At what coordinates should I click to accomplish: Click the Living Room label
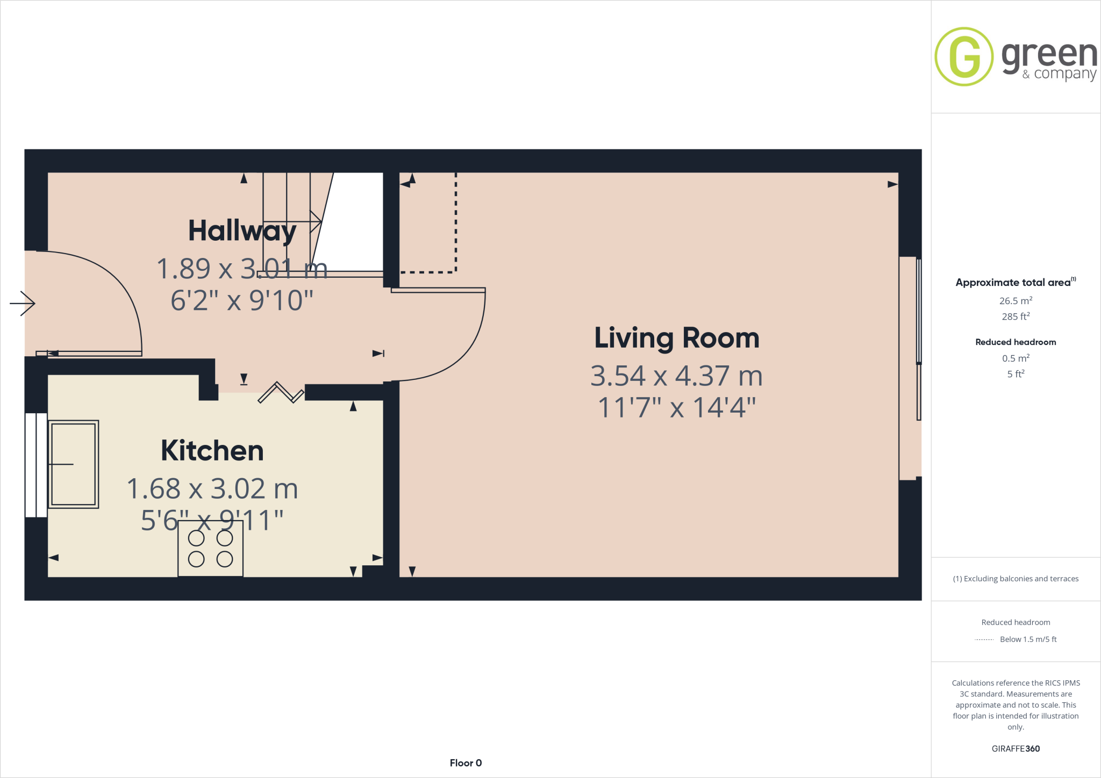coord(676,338)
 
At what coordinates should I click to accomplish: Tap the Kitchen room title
coord(212,451)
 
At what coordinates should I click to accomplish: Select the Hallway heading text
coord(242,230)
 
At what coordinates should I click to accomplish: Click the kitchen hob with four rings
coord(210,549)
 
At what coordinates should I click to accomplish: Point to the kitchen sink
coord(74,464)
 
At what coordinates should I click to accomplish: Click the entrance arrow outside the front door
coord(23,304)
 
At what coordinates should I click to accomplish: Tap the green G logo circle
coord(964,57)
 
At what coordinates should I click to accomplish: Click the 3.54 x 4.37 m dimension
coord(676,376)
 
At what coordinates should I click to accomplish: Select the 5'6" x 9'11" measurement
coord(212,520)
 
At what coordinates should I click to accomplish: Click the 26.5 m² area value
coord(1016,301)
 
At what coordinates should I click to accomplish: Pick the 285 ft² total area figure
coord(1016,316)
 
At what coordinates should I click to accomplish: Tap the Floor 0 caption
coord(466,763)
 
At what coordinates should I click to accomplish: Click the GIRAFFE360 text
coord(1016,748)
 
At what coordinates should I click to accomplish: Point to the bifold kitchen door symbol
coord(281,393)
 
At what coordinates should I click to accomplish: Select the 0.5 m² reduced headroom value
coord(1016,358)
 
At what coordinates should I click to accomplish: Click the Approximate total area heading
coord(1013,283)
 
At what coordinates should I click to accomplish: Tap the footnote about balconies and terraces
coord(1016,579)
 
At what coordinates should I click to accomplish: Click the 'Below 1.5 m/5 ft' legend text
coord(1028,639)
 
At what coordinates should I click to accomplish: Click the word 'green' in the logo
coord(1049,56)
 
